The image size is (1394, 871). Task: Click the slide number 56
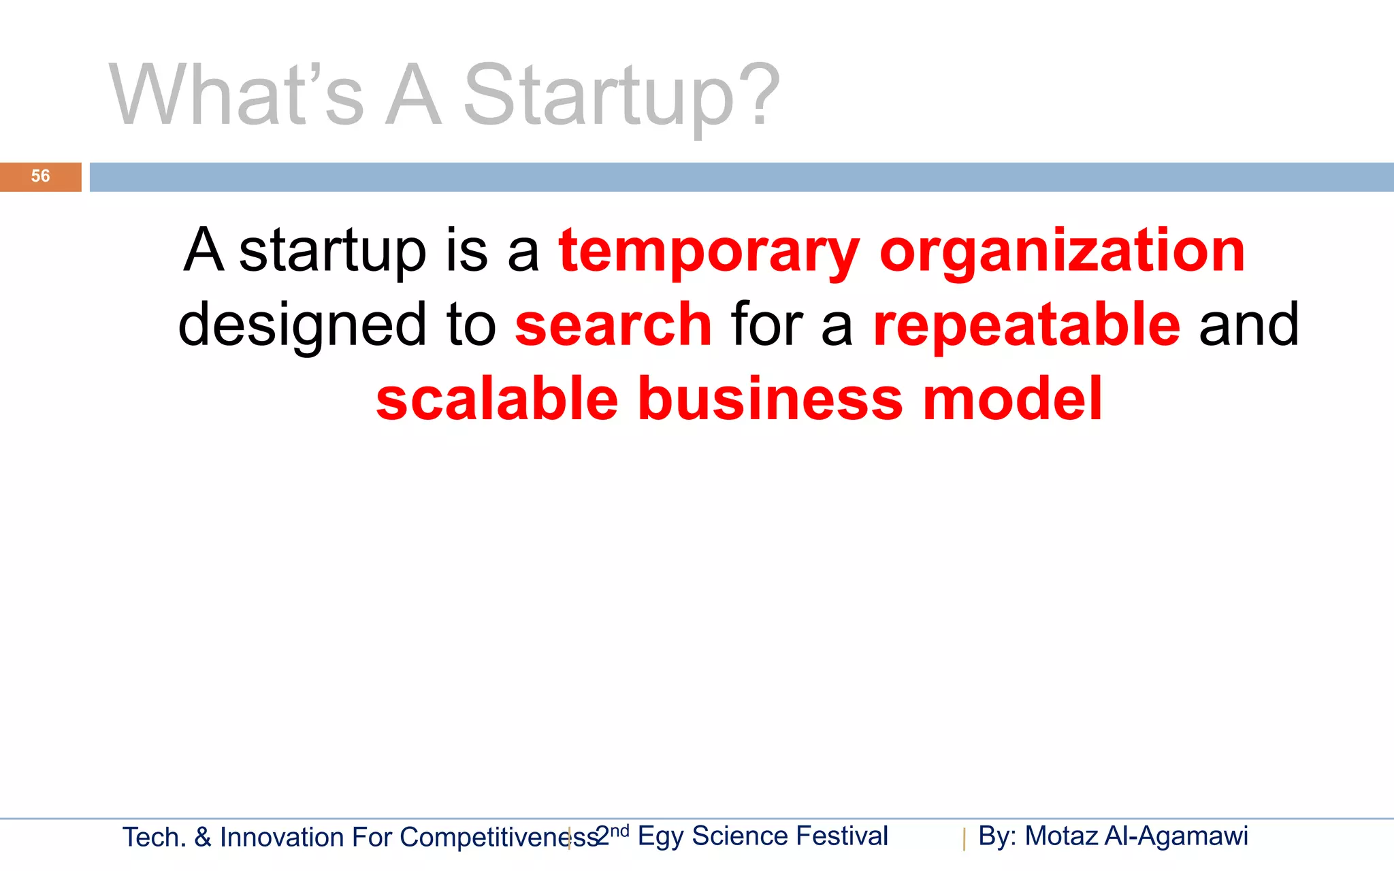(40, 176)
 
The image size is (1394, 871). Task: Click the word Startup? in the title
(621, 95)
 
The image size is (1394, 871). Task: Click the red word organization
(1062, 252)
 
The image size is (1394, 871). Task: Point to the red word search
(613, 325)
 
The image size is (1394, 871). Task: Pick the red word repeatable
(1026, 325)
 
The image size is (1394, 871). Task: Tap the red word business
(770, 399)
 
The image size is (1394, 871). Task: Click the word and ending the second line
(1248, 325)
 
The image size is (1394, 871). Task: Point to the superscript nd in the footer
(619, 831)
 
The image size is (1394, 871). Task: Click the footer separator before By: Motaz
(965, 839)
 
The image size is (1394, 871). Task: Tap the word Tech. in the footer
(154, 838)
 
